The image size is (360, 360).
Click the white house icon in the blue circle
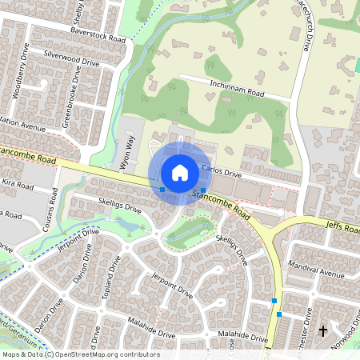click(180, 172)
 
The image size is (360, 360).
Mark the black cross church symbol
click(323, 330)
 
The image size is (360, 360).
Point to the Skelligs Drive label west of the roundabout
click(119, 207)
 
